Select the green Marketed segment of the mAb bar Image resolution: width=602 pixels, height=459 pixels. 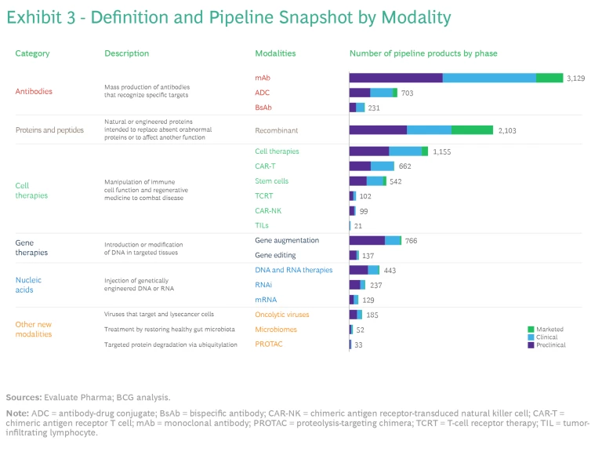pyautogui.click(x=549, y=78)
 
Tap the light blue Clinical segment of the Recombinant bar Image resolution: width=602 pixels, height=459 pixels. pyautogui.click(x=429, y=130)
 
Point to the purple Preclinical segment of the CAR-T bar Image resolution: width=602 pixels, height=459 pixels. pyautogui.click(x=360, y=166)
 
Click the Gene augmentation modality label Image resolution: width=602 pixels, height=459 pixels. pyautogui.click(x=287, y=241)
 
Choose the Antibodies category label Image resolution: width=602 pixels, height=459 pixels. pyautogui.click(x=34, y=91)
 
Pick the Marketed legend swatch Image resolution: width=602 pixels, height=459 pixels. pyautogui.click(x=531, y=330)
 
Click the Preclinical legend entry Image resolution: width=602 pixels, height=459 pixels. pyautogui.click(x=550, y=345)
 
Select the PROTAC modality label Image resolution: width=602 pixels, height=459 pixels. pyautogui.click(x=269, y=344)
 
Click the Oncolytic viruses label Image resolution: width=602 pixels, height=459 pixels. pyautogui.click(x=282, y=315)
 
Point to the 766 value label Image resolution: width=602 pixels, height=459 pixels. pyautogui.click(x=411, y=241)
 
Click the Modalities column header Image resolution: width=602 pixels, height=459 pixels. pyautogui.click(x=275, y=53)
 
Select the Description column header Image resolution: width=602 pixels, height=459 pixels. pyautogui.click(x=126, y=53)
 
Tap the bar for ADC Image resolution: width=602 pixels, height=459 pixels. pyautogui.click(x=373, y=93)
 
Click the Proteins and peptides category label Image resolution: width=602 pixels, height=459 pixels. pyautogui.click(x=49, y=130)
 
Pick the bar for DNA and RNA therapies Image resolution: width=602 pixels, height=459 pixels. pyautogui.click(x=364, y=270)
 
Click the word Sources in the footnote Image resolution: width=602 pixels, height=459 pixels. pyautogui.click(x=24, y=397)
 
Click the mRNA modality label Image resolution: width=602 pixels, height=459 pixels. pyautogui.click(x=266, y=300)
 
